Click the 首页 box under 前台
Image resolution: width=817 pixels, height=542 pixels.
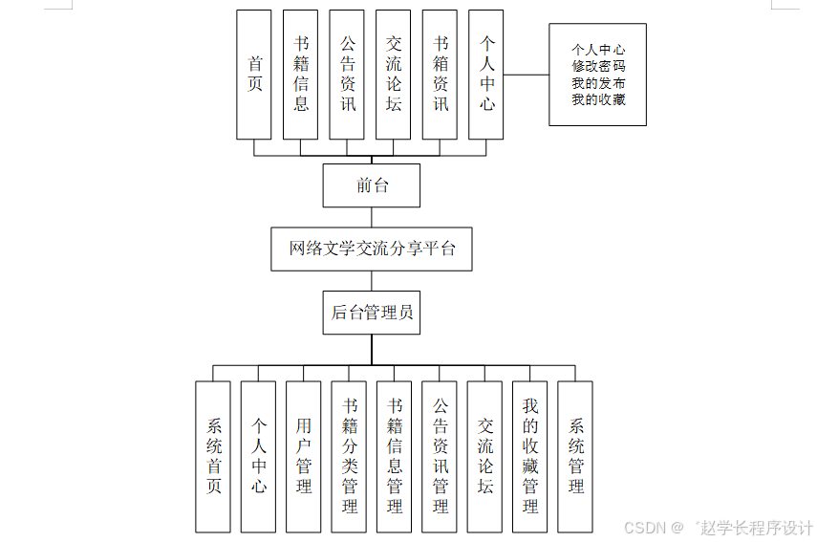pos(254,75)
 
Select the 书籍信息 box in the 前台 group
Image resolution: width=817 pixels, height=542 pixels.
pos(301,75)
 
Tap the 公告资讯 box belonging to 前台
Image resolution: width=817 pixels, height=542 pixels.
pos(347,75)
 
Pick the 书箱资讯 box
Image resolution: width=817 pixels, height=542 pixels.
pos(441,75)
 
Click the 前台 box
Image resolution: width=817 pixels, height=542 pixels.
pos(372,185)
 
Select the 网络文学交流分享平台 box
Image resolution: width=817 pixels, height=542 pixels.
pos(372,249)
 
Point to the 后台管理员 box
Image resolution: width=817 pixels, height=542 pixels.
pos(372,313)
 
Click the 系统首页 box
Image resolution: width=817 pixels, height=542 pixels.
pos(213,457)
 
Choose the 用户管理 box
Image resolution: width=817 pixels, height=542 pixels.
pos(304,457)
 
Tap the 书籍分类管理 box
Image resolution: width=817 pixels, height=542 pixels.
pos(349,457)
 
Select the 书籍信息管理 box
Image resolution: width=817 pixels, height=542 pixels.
pos(395,457)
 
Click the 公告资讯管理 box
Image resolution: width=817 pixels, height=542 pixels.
pos(440,457)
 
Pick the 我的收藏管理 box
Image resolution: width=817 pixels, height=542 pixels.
pos(530,457)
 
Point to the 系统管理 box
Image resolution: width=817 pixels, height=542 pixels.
pos(575,457)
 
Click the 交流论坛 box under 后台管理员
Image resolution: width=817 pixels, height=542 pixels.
pos(485,457)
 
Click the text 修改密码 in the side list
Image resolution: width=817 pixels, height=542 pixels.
pos(598,66)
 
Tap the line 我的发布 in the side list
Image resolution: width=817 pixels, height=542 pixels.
pos(598,82)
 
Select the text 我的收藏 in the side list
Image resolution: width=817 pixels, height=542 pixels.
pos(598,98)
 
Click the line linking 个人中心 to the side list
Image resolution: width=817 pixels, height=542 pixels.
pos(527,75)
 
